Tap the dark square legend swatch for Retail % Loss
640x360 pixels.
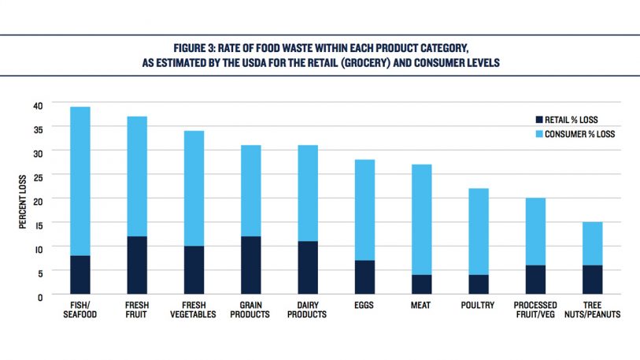point(539,120)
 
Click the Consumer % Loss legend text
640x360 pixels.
point(582,134)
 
